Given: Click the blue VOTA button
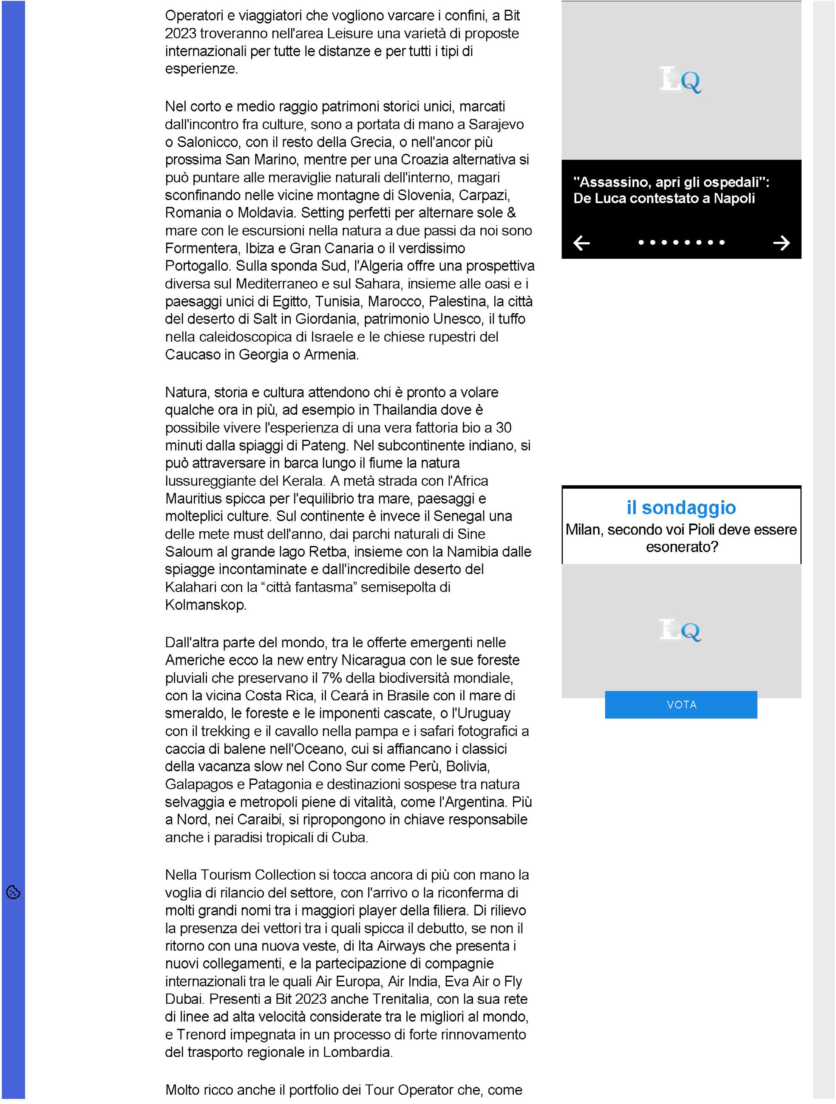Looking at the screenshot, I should [681, 704].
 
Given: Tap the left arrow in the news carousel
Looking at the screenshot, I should [581, 243].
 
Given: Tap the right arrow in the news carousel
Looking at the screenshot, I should [781, 243].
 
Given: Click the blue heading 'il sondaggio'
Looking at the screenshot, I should [681, 507].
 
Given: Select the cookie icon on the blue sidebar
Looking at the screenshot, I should [14, 892].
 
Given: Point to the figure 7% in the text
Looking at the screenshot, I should [332, 678].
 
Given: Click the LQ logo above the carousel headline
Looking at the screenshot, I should [681, 80].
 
